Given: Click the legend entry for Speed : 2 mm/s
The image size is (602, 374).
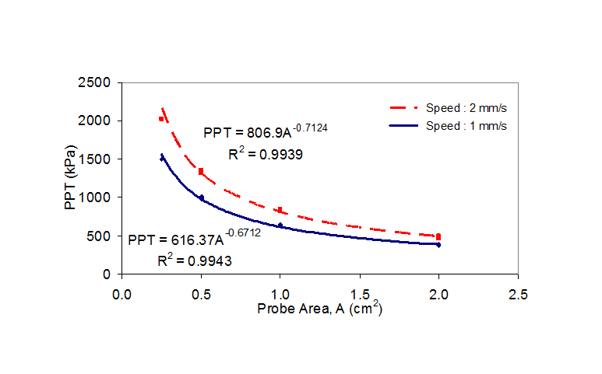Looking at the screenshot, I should pyautogui.click(x=448, y=107).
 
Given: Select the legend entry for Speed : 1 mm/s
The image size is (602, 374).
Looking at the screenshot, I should pyautogui.click(x=448, y=124).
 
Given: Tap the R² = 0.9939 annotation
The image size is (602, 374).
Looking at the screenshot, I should pyautogui.click(x=265, y=154).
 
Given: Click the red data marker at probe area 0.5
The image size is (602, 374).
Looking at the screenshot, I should pyautogui.click(x=201, y=171).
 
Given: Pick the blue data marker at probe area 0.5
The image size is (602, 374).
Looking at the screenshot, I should pyautogui.click(x=201, y=197).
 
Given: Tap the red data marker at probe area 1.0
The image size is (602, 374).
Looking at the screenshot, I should pyautogui.click(x=280, y=210).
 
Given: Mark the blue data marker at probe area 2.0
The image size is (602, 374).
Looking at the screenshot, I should pyautogui.click(x=438, y=245).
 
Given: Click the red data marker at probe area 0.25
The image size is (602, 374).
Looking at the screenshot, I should pyautogui.click(x=161, y=119).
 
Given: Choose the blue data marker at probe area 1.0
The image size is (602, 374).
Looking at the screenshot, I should pyautogui.click(x=280, y=225).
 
